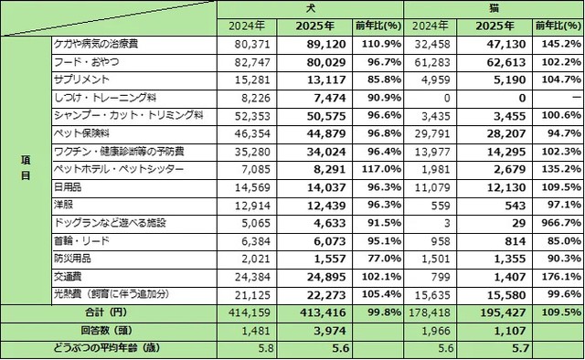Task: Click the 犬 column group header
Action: pyautogui.click(x=309, y=8)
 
